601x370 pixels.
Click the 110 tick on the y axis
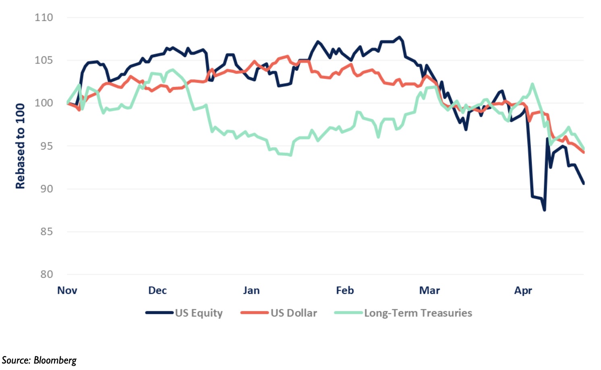click(x=44, y=18)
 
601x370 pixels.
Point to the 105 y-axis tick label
click(x=44, y=60)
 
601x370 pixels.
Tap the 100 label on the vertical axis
click(x=44, y=103)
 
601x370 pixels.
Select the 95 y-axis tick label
click(x=47, y=146)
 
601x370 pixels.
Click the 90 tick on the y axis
click(x=47, y=189)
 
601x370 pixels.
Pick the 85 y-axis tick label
click(x=47, y=232)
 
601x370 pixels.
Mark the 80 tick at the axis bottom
click(x=47, y=274)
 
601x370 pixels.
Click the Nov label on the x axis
click(x=67, y=290)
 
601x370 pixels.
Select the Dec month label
click(x=158, y=290)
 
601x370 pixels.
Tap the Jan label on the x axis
click(x=251, y=290)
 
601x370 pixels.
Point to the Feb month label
click(x=345, y=290)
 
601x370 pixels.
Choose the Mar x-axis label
click(x=429, y=290)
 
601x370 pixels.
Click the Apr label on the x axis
click(x=523, y=291)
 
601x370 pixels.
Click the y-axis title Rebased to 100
click(x=21, y=146)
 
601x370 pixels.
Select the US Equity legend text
click(x=199, y=313)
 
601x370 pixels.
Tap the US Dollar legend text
click(x=294, y=313)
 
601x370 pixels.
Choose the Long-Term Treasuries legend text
click(x=418, y=313)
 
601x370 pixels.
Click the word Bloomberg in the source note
click(x=55, y=360)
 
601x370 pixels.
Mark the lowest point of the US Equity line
click(x=544, y=210)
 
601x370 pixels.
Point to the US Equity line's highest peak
click(x=400, y=37)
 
